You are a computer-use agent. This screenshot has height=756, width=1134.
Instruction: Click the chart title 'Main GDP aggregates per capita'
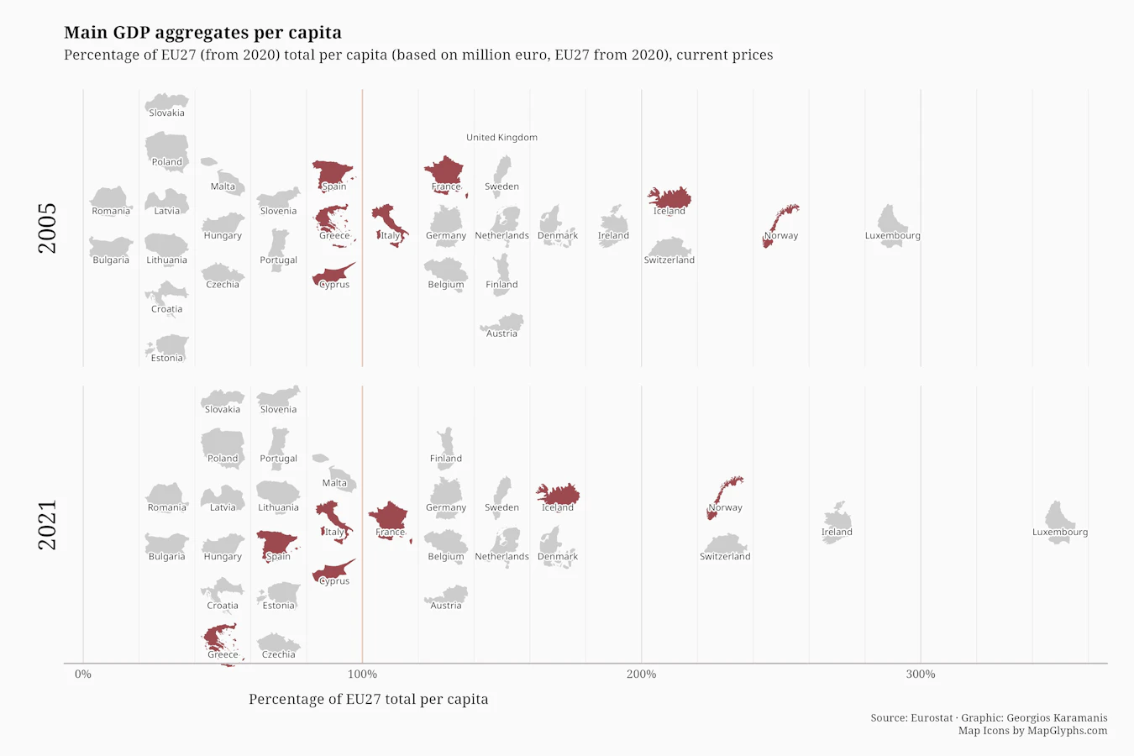pyautogui.click(x=202, y=33)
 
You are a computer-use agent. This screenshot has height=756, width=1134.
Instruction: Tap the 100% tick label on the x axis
pyautogui.click(x=362, y=674)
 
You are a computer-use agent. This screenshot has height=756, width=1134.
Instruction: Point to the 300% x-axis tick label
pyautogui.click(x=921, y=674)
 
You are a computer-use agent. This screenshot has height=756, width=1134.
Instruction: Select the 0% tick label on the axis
pyautogui.click(x=83, y=674)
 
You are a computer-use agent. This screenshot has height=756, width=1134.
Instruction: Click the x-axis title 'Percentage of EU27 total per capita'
pyautogui.click(x=369, y=699)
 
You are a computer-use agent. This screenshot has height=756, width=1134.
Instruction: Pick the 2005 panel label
pyautogui.click(x=47, y=228)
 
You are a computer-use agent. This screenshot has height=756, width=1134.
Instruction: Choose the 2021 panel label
pyautogui.click(x=47, y=525)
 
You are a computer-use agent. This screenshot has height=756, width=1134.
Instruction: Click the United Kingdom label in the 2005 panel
pyautogui.click(x=501, y=137)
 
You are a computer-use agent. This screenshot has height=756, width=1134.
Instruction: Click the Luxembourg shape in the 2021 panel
pyautogui.click(x=1059, y=522)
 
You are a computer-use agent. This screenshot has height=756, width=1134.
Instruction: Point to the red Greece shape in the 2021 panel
pyautogui.click(x=221, y=642)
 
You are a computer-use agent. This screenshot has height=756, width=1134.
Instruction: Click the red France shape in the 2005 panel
pyautogui.click(x=445, y=175)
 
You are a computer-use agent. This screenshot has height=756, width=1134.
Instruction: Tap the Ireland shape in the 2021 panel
pyautogui.click(x=837, y=523)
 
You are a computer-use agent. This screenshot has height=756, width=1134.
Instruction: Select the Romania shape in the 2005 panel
pyautogui.click(x=111, y=201)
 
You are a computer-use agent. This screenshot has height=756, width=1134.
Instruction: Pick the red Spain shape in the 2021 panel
pyautogui.click(x=277, y=545)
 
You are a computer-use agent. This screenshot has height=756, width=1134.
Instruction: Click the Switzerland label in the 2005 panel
pyautogui.click(x=669, y=260)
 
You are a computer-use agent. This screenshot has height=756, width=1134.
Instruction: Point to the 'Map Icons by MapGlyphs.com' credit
pyautogui.click(x=1032, y=731)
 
